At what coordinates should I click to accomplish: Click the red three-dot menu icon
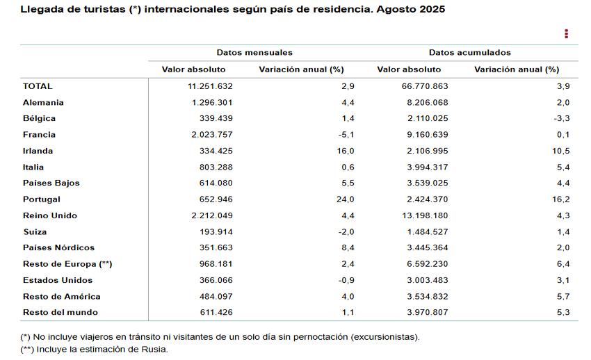(567, 33)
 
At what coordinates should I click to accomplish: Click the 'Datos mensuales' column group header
(254, 53)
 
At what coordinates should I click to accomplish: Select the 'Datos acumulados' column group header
(469, 53)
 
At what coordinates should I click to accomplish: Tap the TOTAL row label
(38, 86)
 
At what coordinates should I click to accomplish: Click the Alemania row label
(43, 102)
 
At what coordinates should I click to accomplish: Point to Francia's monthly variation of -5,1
(346, 135)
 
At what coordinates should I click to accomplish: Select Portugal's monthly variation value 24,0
(346, 199)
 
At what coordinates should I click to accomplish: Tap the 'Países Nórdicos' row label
(58, 247)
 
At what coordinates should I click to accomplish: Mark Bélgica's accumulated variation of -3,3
(561, 118)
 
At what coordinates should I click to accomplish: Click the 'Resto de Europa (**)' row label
(67, 264)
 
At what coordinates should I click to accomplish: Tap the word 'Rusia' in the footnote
(154, 349)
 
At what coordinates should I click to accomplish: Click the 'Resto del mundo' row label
(60, 312)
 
